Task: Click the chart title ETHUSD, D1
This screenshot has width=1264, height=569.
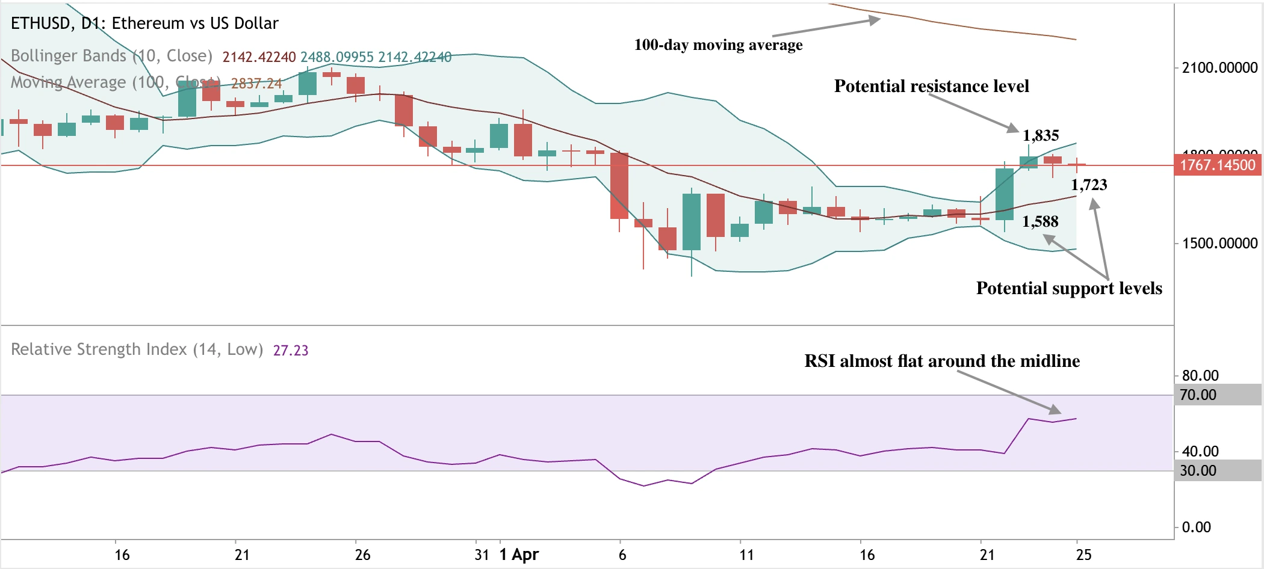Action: [x=144, y=23]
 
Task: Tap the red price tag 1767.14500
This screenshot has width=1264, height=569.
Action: [x=1217, y=165]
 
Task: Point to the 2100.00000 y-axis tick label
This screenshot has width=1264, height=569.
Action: [x=1219, y=67]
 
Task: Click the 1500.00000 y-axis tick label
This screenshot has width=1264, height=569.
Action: [x=1219, y=243]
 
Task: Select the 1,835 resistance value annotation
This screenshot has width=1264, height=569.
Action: [x=1041, y=135]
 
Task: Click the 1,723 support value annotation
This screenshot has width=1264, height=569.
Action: [x=1089, y=185]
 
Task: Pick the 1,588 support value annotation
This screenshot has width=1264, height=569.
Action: [x=1040, y=221]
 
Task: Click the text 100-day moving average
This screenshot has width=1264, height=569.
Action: [x=718, y=45]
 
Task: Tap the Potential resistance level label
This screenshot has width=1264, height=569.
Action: [x=931, y=86]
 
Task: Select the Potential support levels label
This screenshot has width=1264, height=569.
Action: [x=1069, y=288]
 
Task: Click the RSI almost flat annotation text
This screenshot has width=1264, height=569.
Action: [x=942, y=361]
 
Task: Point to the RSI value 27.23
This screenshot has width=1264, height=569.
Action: [x=291, y=350]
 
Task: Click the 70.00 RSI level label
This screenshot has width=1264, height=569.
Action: [x=1198, y=395]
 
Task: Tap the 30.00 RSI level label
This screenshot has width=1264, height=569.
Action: [x=1198, y=471]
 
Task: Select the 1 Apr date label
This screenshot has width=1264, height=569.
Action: [x=519, y=555]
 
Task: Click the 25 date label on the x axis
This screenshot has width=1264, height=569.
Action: [x=1083, y=555]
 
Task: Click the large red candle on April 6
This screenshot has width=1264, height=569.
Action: [x=619, y=185]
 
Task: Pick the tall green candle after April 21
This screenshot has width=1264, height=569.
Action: [x=1005, y=194]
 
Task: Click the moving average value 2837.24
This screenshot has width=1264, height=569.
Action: [x=256, y=84]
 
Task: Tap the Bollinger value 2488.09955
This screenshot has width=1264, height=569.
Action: [x=337, y=57]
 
